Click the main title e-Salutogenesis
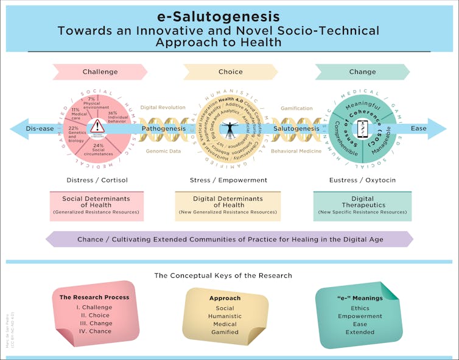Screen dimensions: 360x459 tap(229, 16)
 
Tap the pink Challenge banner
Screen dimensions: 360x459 tap(100, 72)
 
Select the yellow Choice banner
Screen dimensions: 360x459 tap(230, 72)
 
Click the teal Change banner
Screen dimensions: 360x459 tap(362, 72)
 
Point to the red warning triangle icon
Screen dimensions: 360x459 tap(97, 126)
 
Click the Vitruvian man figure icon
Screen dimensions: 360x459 tap(230, 129)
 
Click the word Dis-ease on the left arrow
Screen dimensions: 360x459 tap(40, 129)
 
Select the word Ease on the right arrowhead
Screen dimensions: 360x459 tap(418, 129)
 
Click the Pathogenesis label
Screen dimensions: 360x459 tap(163, 129)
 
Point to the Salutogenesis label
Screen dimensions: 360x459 tap(296, 129)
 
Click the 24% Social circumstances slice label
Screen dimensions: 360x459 tap(97, 150)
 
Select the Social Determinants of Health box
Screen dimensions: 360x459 tap(96, 206)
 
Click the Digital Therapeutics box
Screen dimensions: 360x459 tap(362, 206)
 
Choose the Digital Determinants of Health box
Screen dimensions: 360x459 tap(228, 206)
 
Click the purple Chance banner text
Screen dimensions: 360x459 tap(230, 240)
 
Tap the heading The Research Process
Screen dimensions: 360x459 tap(94, 297)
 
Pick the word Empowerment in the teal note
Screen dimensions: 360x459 tap(360, 316)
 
